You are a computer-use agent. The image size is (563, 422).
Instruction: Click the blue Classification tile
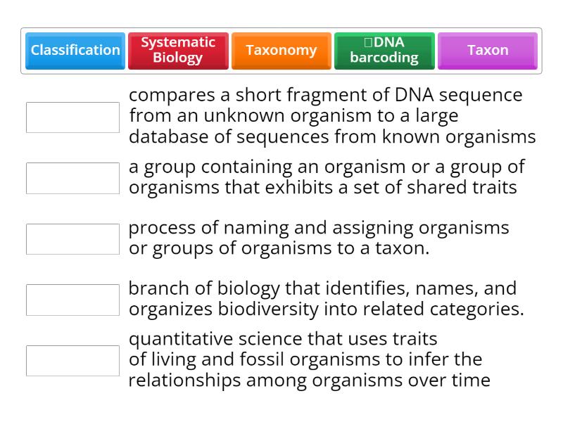(75, 50)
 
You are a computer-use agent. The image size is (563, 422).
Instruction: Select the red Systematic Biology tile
(178, 50)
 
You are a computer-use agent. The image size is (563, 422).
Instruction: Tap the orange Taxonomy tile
(281, 50)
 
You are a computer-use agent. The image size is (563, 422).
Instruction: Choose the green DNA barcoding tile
(384, 50)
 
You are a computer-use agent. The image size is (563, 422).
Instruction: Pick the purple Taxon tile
(487, 50)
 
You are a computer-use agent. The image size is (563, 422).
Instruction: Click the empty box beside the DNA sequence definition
(72, 117)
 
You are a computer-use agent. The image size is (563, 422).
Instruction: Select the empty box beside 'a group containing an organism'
(72, 178)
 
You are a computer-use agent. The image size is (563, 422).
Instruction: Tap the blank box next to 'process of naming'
(72, 239)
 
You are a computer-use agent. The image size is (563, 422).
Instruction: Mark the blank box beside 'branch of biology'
(72, 300)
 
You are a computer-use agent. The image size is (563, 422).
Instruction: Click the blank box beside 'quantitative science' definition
(72, 361)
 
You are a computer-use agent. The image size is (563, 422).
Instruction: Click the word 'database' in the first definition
(168, 136)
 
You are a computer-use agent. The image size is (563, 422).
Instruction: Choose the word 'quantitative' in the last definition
(182, 340)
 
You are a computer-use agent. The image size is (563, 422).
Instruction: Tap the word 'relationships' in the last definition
(185, 381)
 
